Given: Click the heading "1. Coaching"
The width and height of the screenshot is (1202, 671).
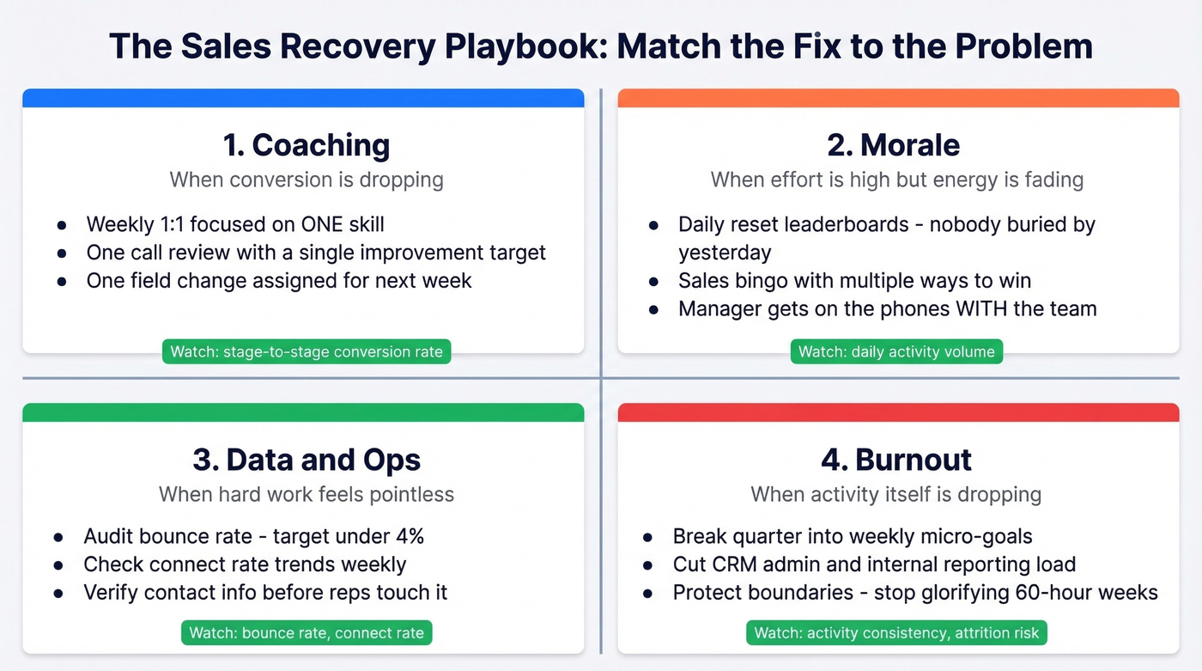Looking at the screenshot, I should coord(306,145).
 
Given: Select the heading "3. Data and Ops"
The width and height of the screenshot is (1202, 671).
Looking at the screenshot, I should coord(307,460).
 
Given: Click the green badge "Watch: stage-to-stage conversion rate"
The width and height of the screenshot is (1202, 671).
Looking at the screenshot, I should coord(307,351).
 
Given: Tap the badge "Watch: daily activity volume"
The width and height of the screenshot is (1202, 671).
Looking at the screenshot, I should coord(896,351).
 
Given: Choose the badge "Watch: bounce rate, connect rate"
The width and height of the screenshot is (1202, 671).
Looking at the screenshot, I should coord(307,633).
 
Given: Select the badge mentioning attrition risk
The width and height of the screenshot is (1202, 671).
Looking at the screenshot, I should coord(896,633).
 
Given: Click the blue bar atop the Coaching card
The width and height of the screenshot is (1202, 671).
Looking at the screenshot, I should coord(303,98).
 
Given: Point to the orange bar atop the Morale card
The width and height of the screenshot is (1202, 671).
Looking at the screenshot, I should coord(898,98).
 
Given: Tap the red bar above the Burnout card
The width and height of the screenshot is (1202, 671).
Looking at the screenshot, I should coord(898,412).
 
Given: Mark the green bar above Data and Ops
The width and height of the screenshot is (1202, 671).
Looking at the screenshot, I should coord(303,412).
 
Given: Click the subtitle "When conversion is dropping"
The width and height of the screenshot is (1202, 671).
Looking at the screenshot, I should coord(307,180).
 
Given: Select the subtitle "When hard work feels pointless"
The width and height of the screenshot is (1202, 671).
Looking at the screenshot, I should coord(307,494).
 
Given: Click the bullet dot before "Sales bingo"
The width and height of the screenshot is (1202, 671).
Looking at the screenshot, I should coord(654,281).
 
